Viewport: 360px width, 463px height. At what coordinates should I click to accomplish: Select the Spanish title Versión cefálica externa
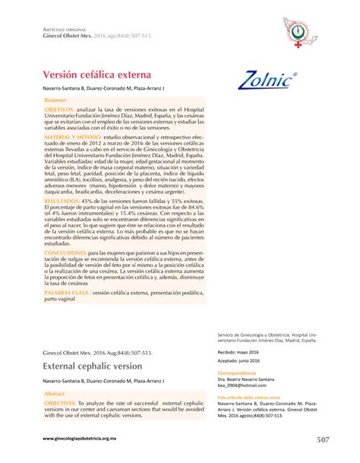(x=93, y=75)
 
